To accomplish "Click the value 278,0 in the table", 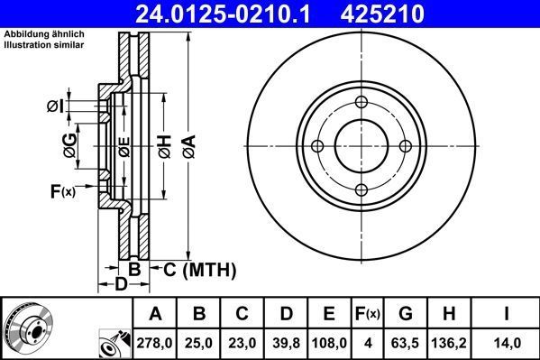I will click(x=155, y=342).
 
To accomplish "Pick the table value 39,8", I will click(x=285, y=342).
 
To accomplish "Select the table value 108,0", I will click(x=329, y=342).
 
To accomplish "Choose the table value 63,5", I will click(x=406, y=342).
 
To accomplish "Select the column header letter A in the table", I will click(x=155, y=314).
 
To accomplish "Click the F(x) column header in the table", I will click(x=368, y=314).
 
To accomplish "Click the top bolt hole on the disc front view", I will click(x=362, y=103).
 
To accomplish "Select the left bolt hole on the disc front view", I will click(x=317, y=147).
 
